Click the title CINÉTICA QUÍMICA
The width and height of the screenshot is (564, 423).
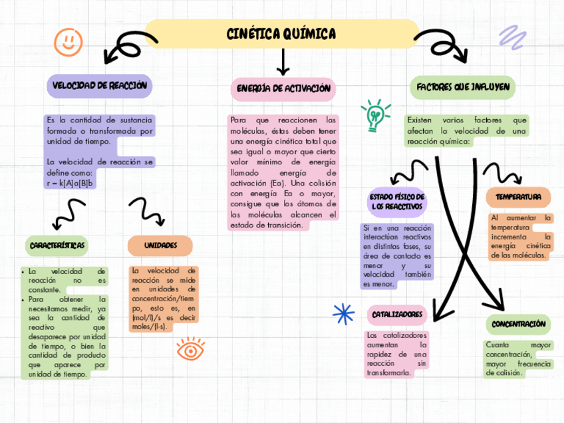click(281, 33)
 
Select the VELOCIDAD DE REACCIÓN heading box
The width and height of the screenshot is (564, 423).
click(99, 85)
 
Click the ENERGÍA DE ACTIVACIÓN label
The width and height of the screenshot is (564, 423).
click(283, 88)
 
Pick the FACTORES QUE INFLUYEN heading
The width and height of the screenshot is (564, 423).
click(463, 87)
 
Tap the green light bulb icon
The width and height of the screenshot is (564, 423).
click(374, 115)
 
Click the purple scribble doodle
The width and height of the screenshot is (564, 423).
click(512, 37)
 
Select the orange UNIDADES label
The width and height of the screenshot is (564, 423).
click(160, 245)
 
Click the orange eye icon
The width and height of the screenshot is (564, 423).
click(190, 349)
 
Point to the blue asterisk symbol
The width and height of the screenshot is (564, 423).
click(343, 313)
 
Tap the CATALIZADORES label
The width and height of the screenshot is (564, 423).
click(397, 314)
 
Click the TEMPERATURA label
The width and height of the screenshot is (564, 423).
click(518, 197)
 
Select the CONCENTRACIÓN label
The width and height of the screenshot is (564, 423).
click(518, 324)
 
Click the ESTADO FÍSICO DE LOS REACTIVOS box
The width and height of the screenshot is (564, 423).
click(397, 203)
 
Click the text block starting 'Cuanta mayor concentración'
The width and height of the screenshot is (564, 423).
click(518, 358)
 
